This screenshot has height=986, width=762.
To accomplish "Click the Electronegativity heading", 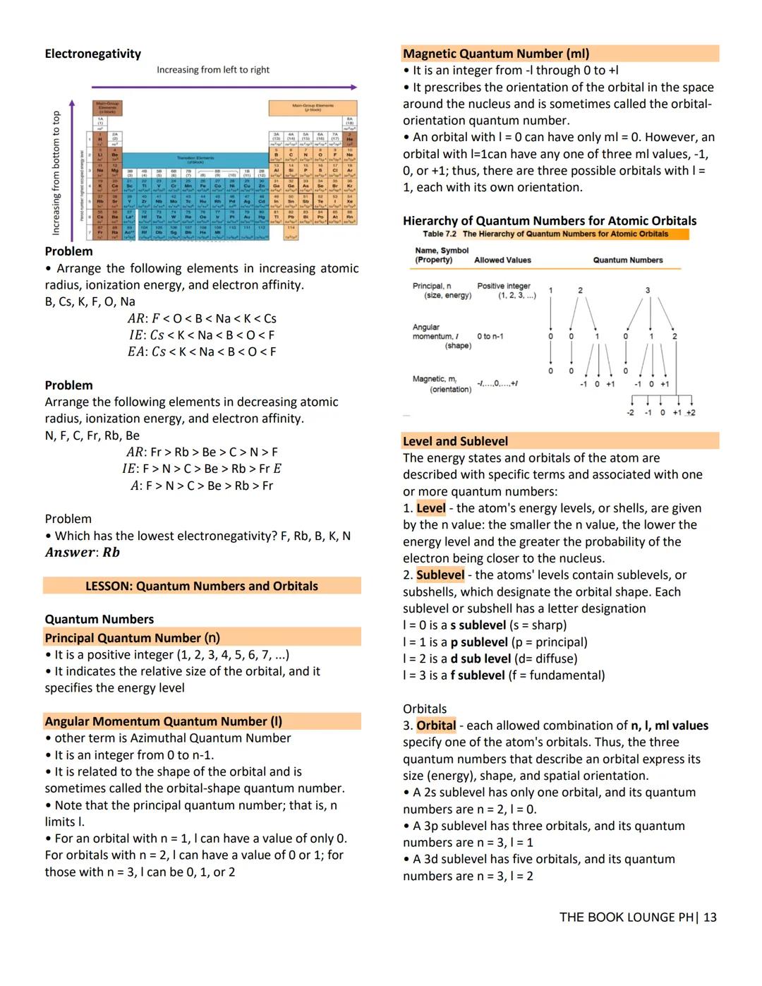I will [92, 54].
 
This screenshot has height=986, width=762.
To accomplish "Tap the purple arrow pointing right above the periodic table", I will [224, 87].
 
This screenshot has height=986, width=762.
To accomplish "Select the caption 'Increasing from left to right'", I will [212, 70].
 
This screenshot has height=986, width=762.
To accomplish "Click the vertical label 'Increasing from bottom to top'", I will [56, 173].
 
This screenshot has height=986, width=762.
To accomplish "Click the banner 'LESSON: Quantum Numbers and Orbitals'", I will [201, 586].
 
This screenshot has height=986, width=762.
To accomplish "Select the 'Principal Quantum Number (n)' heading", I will [132, 637].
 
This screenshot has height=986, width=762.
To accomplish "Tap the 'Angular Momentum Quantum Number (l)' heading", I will [163, 721].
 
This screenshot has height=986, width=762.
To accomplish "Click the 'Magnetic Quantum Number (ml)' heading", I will [495, 54].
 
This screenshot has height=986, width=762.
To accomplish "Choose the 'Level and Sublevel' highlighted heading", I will [455, 441].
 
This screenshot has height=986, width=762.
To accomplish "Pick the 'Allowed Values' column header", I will [502, 260].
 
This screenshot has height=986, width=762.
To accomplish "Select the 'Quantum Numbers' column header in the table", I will [627, 260].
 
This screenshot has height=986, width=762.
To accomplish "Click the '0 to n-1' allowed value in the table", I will [490, 336].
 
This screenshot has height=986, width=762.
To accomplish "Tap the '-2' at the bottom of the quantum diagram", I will [630, 413].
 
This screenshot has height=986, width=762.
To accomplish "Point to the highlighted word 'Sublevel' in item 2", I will [440, 575].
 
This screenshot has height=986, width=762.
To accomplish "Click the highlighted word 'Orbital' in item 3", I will [436, 726].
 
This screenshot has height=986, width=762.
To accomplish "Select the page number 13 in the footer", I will [709, 917].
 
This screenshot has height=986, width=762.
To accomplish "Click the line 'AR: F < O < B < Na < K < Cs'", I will [202, 318].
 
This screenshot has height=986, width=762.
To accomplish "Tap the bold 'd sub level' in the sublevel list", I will [480, 659].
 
